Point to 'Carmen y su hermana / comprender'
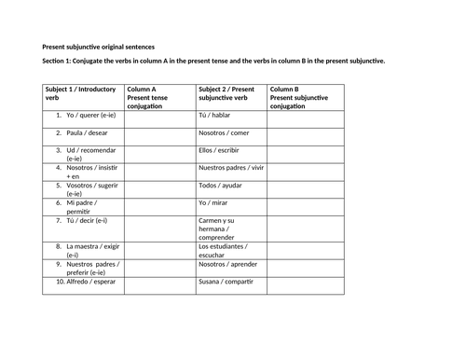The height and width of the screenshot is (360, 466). tap(224, 228)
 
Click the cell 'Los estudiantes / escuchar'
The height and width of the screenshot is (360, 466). tap(224, 250)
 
